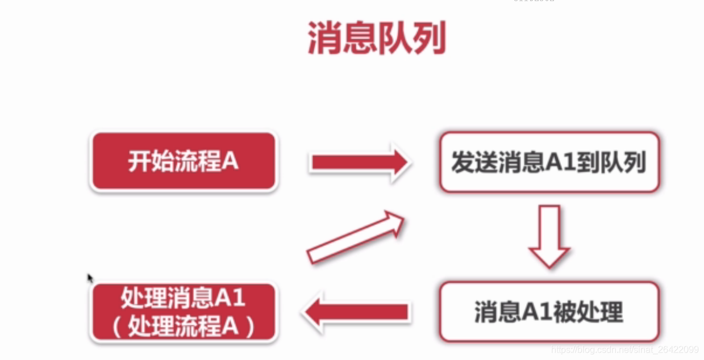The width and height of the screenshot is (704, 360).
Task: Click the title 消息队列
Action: [x=376, y=39]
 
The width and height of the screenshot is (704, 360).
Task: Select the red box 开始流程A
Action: [x=184, y=162]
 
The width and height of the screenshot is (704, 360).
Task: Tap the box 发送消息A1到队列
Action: [x=549, y=162]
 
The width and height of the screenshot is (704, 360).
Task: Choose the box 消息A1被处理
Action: [x=549, y=312]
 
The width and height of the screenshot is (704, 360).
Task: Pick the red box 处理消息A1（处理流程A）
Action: [x=184, y=312]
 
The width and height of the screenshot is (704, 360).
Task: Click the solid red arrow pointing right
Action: [x=359, y=163]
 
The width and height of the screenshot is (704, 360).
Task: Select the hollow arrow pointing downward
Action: [x=549, y=236]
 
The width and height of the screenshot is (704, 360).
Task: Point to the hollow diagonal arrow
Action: [x=356, y=237]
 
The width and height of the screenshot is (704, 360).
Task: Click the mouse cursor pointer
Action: [x=90, y=278]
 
